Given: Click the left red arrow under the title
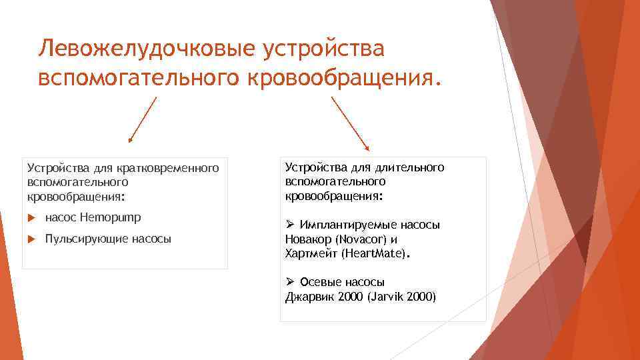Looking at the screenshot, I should (143, 120).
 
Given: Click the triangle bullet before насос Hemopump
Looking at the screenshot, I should (31, 217).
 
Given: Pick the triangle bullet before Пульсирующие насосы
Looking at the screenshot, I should (31, 239).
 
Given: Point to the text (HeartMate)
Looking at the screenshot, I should (376, 254).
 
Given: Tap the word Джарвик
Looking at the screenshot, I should (309, 297).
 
